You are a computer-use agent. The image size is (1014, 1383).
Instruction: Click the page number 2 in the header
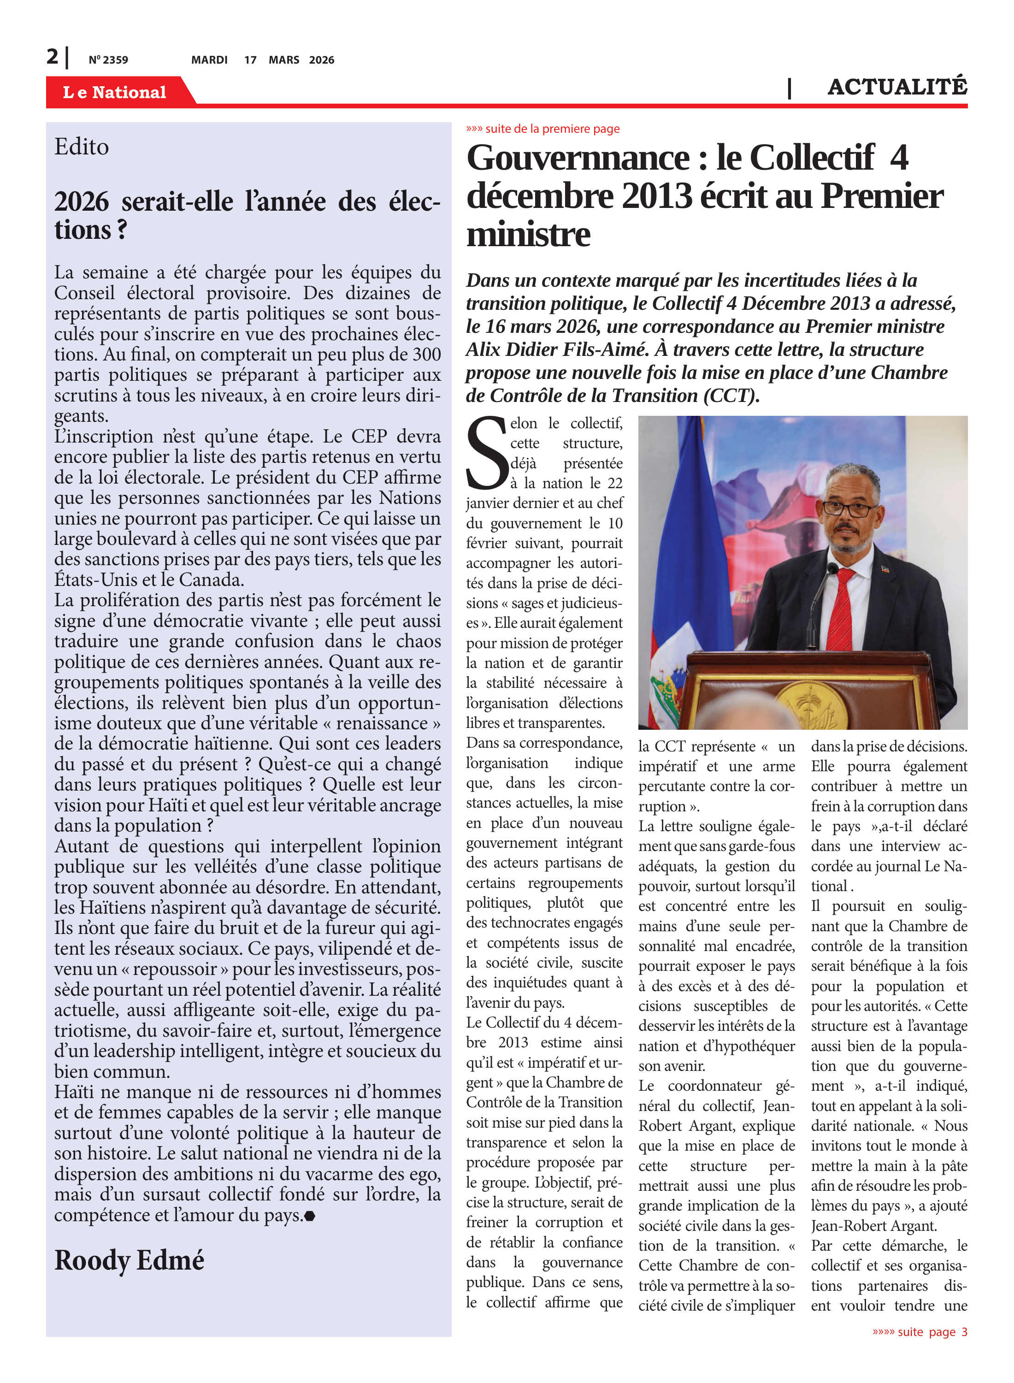pos(52,57)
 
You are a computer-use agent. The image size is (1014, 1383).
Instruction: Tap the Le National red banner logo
pos(114,92)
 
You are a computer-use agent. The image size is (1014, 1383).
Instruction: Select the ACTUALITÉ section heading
pos(897,87)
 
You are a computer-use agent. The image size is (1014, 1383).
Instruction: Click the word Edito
pos(82,147)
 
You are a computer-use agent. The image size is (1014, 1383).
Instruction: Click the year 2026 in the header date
pos(322,59)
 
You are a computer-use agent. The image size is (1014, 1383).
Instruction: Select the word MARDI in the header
pos(209,59)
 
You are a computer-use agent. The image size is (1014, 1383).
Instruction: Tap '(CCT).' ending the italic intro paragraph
pos(731,396)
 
